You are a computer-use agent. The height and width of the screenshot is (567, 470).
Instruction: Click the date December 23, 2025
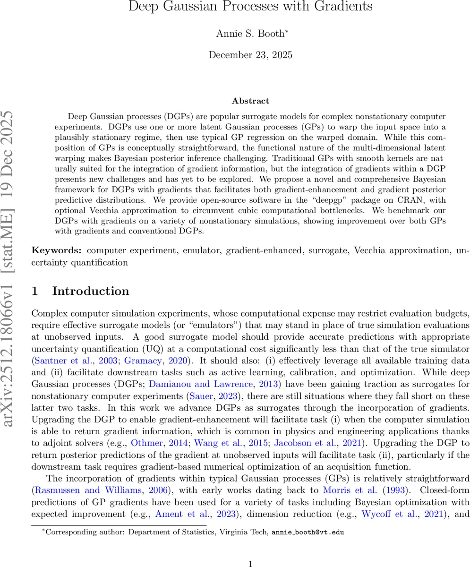click(x=250, y=55)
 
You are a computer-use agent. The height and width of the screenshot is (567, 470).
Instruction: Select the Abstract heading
click(x=250, y=101)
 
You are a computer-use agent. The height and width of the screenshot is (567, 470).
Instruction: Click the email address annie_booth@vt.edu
click(x=308, y=532)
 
